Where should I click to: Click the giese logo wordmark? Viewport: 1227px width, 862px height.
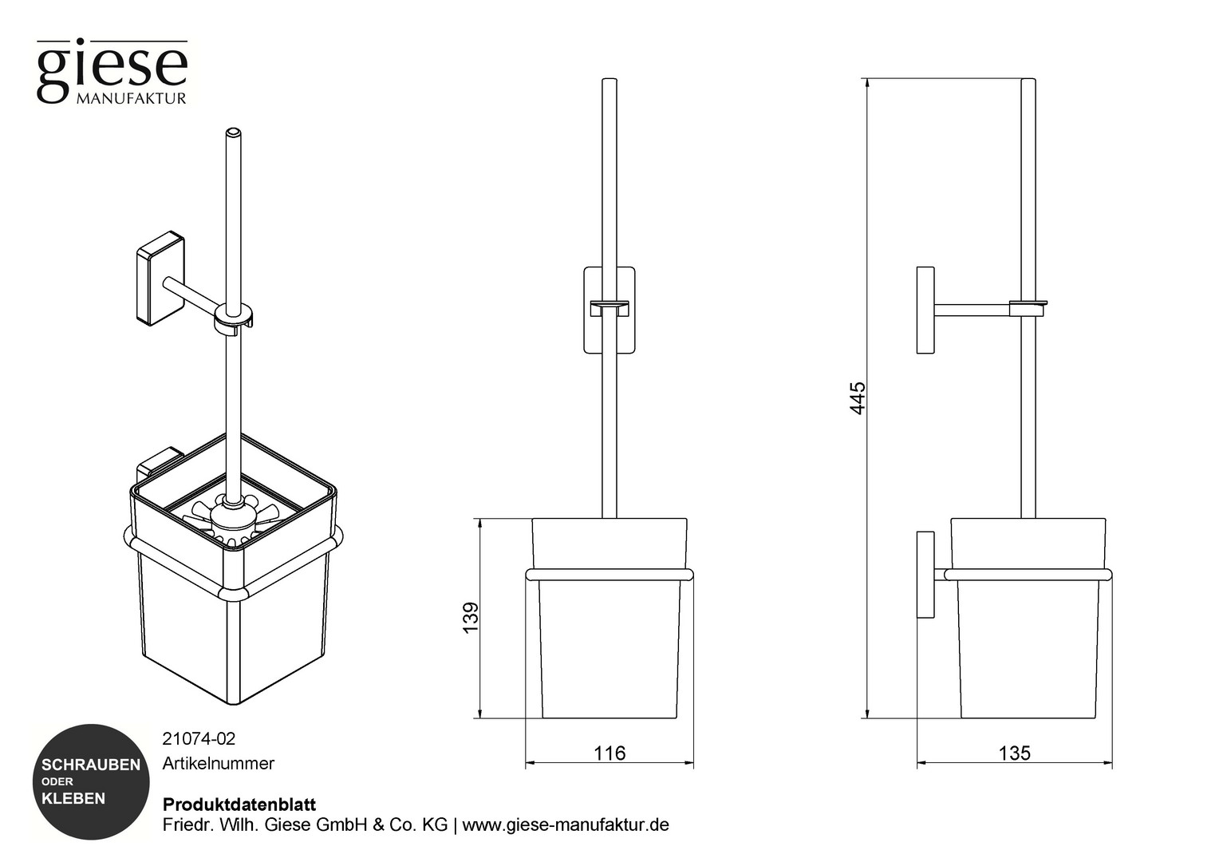[112, 71]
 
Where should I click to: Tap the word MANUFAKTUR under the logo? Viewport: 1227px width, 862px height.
[132, 99]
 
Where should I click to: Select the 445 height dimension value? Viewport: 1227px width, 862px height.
[858, 397]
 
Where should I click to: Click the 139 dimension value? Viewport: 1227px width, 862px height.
[471, 618]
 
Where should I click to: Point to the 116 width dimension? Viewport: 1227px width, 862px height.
[610, 753]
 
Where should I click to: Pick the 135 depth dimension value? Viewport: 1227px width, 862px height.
[1015, 753]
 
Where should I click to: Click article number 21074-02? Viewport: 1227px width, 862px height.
[199, 739]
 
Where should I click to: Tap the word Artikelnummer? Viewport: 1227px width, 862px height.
[218, 763]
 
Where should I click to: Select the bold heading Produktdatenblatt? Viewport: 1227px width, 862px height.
[239, 805]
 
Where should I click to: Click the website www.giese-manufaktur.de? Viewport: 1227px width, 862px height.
[566, 824]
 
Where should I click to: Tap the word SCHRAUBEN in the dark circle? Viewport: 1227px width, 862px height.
[91, 765]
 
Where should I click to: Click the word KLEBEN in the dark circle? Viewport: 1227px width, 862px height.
[73, 798]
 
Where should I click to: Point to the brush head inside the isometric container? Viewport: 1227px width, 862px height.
[233, 518]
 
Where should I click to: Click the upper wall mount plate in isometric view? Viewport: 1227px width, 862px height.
[160, 278]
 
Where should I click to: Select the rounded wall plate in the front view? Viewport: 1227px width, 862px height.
[610, 310]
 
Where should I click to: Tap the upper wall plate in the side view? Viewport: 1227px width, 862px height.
[925, 310]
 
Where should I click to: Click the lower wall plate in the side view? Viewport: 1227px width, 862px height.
[925, 575]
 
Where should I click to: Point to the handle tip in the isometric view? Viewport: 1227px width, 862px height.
[233, 132]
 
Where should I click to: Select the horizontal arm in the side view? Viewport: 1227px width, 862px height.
[973, 310]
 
